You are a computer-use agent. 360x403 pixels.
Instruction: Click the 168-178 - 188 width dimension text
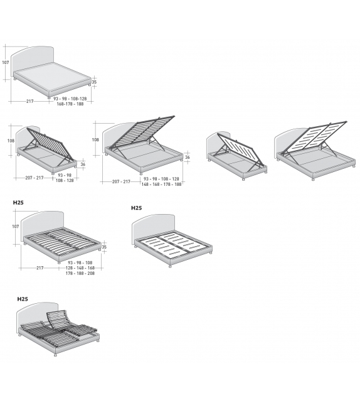[70, 104]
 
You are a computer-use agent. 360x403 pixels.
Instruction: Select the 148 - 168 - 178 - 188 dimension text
[161, 185]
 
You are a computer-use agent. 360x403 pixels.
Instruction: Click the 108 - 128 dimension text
[64, 180]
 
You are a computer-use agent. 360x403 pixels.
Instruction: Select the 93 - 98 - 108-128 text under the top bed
[70, 99]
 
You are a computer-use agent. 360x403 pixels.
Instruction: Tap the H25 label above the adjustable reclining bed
[23, 299]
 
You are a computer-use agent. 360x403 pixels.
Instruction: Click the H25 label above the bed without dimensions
[137, 208]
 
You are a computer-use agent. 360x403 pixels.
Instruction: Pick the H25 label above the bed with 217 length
[19, 203]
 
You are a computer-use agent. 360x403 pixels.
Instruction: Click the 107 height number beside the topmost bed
[5, 62]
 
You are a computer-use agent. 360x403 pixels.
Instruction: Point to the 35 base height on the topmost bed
[94, 82]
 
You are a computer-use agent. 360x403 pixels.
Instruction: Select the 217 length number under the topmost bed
[30, 100]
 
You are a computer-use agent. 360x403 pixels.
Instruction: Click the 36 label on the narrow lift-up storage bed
[83, 164]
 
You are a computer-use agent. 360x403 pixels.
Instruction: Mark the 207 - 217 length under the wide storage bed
[121, 181]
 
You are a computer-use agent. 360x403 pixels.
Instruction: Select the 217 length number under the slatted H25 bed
[40, 268]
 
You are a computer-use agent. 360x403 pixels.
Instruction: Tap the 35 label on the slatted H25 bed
[104, 247]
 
